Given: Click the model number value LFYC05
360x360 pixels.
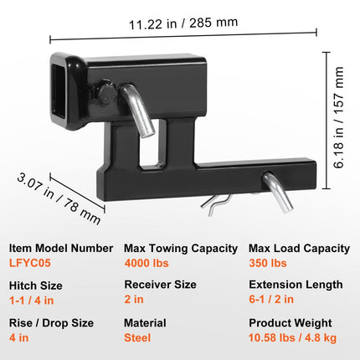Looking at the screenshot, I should click(30, 262).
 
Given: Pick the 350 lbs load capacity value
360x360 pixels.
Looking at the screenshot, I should click(267, 262).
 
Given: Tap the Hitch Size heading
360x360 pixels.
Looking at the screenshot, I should click(36, 285).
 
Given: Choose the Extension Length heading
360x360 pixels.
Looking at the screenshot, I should click(296, 285).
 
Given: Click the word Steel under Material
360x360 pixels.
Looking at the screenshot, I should click(137, 337).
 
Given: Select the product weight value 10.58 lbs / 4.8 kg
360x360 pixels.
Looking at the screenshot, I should click(293, 337).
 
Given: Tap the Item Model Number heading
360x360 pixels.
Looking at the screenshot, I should click(61, 249).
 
